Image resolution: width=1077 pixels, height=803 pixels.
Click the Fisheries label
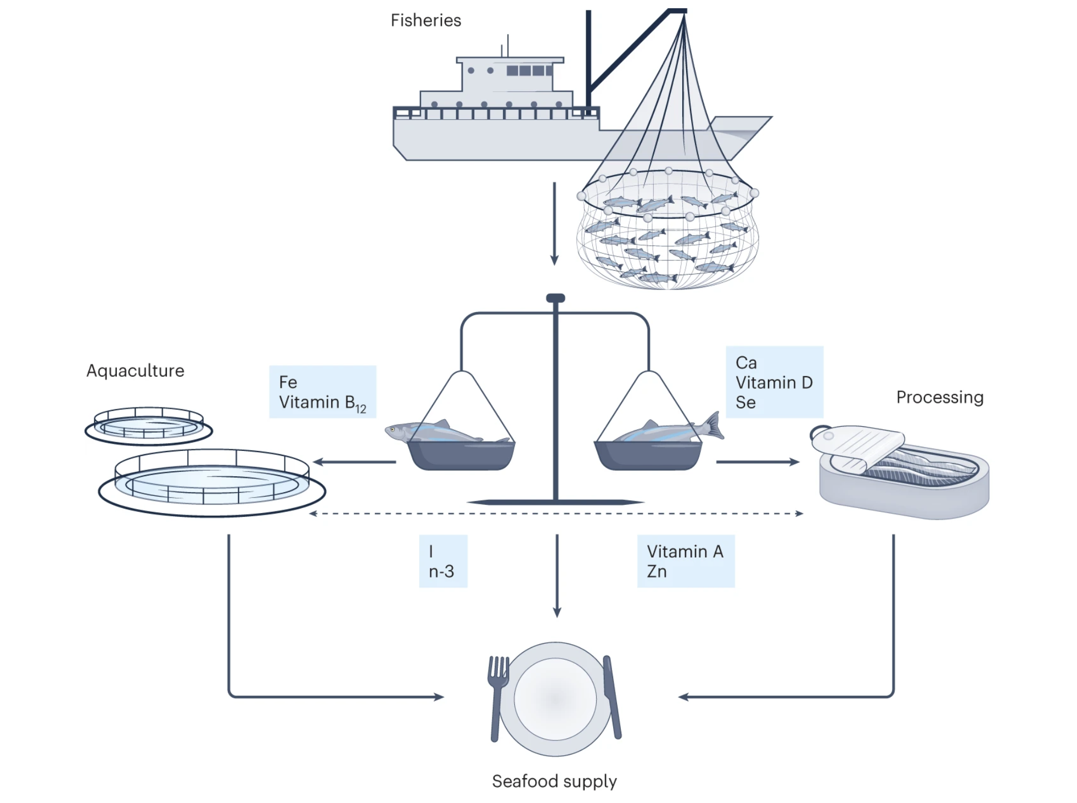425,21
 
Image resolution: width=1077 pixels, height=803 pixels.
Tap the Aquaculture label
135,371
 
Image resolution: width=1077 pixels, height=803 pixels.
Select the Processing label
939,397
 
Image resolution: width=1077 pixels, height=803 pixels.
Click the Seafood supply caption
554,781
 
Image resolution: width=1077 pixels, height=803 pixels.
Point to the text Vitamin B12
322,403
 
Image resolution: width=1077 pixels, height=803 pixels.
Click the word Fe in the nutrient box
288,382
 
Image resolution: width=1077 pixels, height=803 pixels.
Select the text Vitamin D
773,382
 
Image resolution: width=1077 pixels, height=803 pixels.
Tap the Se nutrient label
745,403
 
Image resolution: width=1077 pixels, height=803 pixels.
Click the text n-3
441,572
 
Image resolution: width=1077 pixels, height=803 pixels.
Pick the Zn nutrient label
657,572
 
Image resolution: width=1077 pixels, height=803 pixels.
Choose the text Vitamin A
685,551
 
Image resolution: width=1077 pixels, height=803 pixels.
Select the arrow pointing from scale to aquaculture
355,462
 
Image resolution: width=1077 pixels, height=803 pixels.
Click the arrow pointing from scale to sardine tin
757,462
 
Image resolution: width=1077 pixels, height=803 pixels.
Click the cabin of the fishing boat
508,74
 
